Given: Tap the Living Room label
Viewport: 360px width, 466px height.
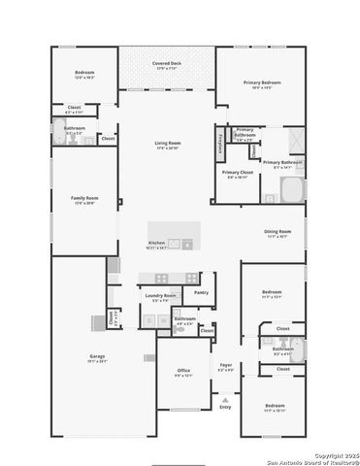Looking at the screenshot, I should tap(167, 145).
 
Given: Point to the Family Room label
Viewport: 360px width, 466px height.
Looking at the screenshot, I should tap(85, 198).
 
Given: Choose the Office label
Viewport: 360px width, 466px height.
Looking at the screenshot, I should tap(183, 371).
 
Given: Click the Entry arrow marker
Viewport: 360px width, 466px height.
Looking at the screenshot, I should tap(225, 399).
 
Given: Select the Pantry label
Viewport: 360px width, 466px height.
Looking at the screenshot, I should tap(201, 291).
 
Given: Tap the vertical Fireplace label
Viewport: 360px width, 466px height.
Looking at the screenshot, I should tap(220, 142).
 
